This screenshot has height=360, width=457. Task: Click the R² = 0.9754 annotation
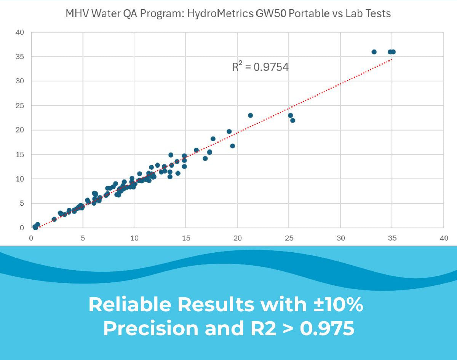click(x=260, y=67)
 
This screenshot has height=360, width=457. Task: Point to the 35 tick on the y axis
click(x=20, y=57)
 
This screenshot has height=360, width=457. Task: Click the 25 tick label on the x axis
click(x=289, y=238)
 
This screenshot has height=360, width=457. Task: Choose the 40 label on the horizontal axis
click(x=444, y=238)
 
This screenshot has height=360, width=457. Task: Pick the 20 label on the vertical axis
click(x=20, y=130)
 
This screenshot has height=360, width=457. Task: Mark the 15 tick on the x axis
click(x=185, y=238)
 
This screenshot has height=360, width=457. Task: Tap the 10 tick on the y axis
click(x=20, y=179)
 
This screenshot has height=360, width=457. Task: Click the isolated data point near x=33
click(x=374, y=52)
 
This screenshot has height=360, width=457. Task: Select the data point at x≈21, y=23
click(x=250, y=115)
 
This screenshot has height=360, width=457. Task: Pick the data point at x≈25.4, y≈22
click(x=292, y=121)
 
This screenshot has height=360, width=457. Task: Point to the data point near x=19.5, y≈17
click(x=232, y=146)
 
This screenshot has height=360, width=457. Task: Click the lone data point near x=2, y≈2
click(x=54, y=219)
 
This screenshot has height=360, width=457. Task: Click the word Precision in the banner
click(x=151, y=328)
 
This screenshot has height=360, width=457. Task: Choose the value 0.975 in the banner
click(x=327, y=328)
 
